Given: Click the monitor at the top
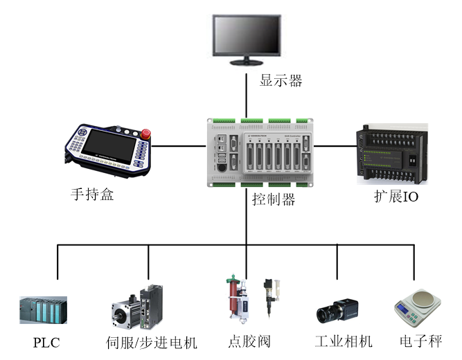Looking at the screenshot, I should point(247,37).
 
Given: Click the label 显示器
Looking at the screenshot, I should point(281,80).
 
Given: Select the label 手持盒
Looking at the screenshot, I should point(92,194).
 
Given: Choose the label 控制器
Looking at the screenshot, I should point(274,200).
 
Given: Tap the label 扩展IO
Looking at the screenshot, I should point(396,197).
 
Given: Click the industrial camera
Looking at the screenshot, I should point(336,312).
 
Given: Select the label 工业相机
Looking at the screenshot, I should point(344,342).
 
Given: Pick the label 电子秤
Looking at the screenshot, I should point(421,341).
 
